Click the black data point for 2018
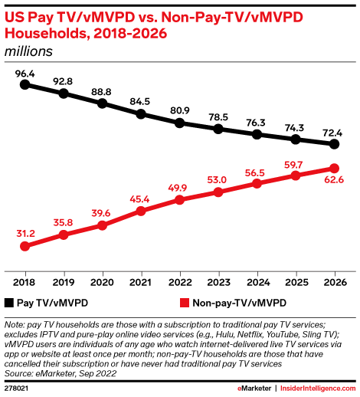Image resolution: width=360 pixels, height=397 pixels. pos(25,85)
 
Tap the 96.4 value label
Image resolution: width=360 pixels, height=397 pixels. pos(25,73)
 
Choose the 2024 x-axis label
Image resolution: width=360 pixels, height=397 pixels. pos(257,281)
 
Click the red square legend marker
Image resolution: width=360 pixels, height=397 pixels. pos(184,303)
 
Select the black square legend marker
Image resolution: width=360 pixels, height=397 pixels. pos(9,303)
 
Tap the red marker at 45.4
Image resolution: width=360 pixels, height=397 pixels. pos(141,210)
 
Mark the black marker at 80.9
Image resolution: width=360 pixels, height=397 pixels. pos(179,123)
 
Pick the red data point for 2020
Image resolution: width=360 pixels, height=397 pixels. pos(103,225)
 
